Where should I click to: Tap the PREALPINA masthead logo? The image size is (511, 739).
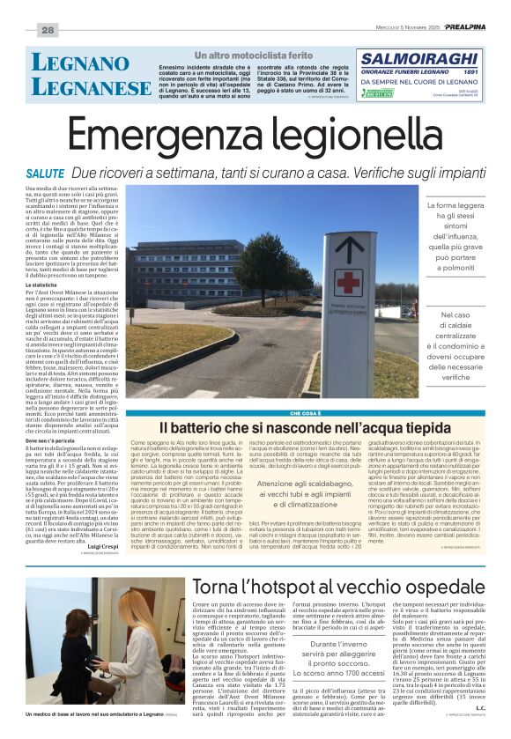[x=468, y=26]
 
